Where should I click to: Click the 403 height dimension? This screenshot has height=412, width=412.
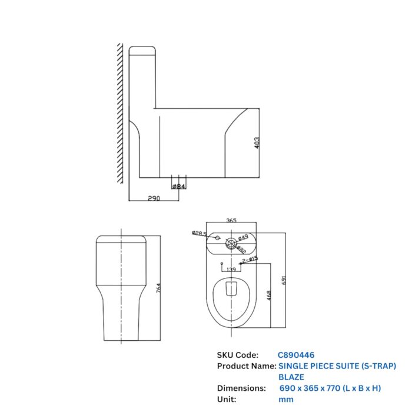[x=257, y=143]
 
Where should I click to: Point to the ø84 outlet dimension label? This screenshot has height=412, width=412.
[x=178, y=187]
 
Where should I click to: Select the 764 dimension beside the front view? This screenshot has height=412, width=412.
[x=157, y=289]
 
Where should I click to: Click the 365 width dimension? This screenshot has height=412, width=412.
[x=231, y=221]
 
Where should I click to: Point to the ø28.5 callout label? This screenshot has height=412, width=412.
[x=199, y=234]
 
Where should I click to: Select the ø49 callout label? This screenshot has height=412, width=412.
[x=242, y=237]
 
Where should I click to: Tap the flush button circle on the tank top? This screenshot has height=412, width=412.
[x=231, y=241]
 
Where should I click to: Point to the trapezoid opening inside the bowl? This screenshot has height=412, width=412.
[x=231, y=288]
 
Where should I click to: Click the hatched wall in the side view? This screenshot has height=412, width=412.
[x=119, y=112]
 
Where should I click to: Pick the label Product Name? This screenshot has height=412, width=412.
[x=245, y=366]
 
